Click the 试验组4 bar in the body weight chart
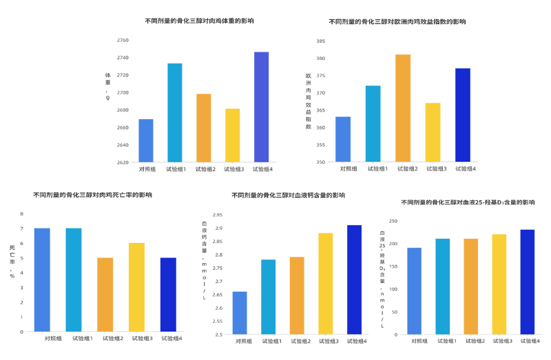coord(262,107)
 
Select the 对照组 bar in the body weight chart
coord(146,140)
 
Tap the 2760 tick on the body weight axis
coord(122,40)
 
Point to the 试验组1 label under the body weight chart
coord(176,169)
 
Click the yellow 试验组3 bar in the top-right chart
coord(433,132)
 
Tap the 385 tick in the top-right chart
coord(321,41)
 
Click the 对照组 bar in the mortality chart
coord(42,279)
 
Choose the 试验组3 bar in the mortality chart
coord(136,286)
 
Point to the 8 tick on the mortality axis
coord(22,213)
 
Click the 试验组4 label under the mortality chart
coord(168,339)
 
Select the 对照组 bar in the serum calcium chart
coord(240,313)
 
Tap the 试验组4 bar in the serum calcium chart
coord(354,279)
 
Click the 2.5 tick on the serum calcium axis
coord(218,335)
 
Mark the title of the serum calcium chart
coord(288,195)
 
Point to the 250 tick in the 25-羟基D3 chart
coord(393,221)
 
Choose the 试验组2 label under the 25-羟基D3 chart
coord(471,341)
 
